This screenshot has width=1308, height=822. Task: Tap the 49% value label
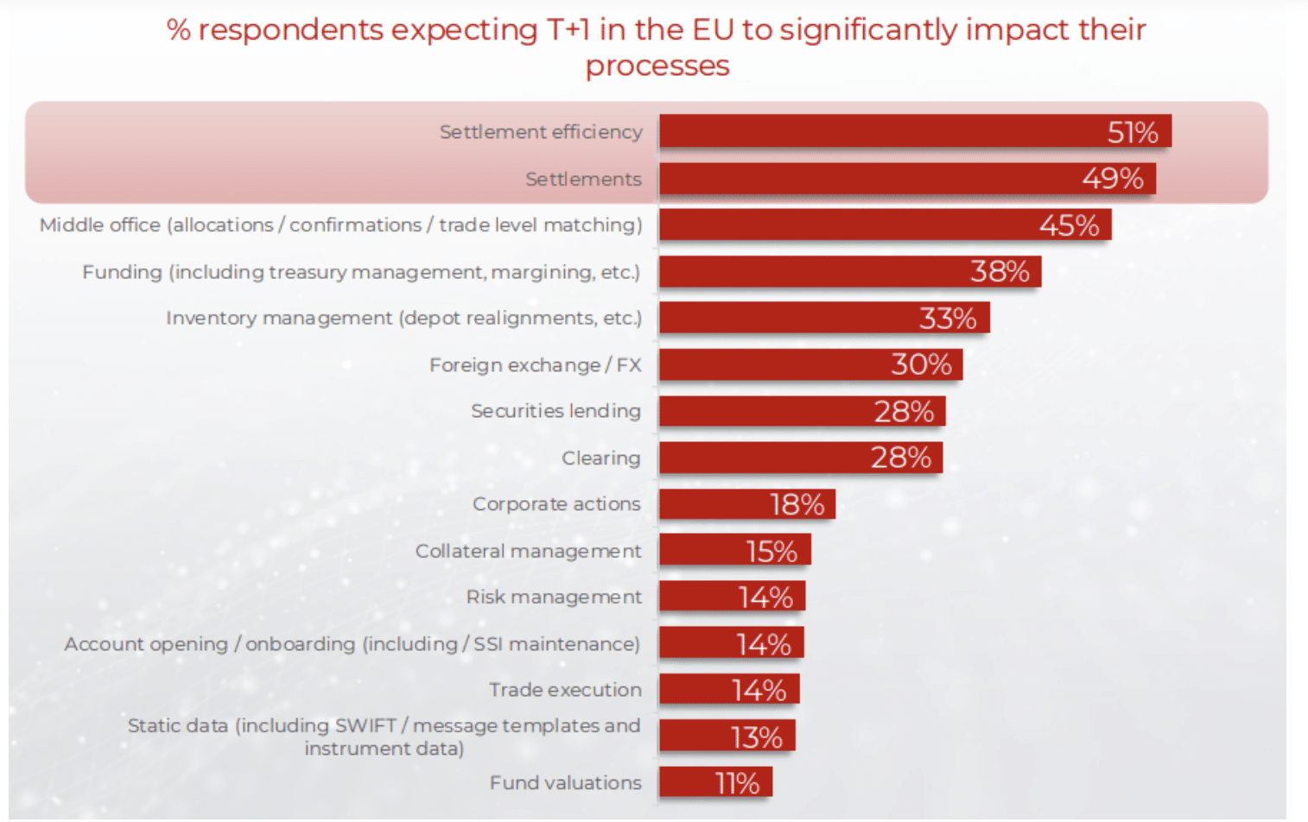point(1113,179)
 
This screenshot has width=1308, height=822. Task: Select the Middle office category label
point(340,225)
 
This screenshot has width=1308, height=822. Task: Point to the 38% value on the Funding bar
point(1000,272)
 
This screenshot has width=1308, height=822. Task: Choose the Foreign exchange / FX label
point(535,365)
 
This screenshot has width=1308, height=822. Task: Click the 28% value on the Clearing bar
point(900,458)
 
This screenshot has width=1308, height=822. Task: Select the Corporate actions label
point(556,504)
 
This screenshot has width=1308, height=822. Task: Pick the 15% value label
point(771,551)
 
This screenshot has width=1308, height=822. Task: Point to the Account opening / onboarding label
point(352,644)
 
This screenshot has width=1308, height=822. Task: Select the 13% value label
point(756,737)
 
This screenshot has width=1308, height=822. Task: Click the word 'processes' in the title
point(657,66)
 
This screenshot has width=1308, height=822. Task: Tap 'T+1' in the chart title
point(568,30)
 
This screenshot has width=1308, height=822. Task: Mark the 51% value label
point(1132,132)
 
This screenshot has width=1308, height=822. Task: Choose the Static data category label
point(384,737)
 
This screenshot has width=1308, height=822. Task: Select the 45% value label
point(1069,225)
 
